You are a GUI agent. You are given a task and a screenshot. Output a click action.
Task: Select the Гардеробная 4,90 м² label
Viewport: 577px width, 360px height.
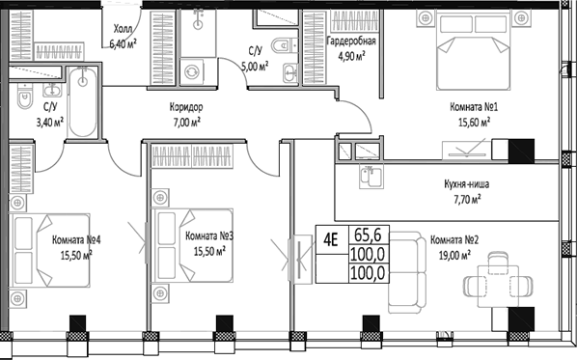point(351,48)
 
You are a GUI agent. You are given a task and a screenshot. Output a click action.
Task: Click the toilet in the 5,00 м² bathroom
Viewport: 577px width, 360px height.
point(280,43)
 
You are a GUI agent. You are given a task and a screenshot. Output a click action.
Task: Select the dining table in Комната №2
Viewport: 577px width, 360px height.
point(500,283)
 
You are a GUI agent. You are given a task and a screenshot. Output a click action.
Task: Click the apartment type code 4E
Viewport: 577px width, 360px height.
point(330,238)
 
